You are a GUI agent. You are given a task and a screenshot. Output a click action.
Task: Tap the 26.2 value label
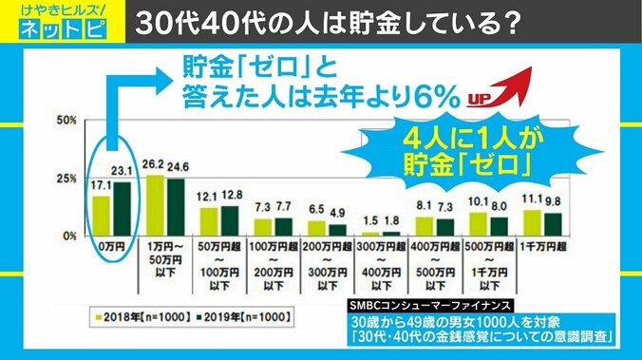(153, 162)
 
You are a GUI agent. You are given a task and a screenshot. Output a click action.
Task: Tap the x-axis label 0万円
(110, 245)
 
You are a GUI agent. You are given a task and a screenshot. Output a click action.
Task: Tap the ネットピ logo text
(58, 29)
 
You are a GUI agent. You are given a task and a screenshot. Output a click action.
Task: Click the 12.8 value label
(232, 196)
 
